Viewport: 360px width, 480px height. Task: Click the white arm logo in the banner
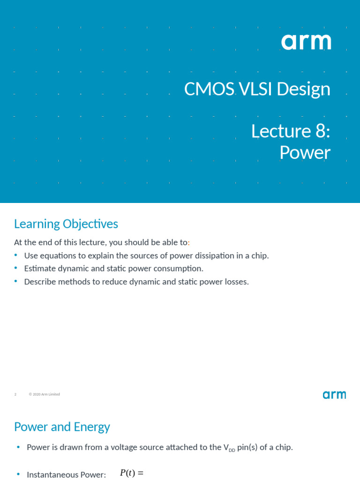point(306,42)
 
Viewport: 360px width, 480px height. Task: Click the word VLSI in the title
point(256,89)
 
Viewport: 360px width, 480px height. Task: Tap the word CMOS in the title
point(209,89)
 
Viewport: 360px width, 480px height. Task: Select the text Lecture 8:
point(291,131)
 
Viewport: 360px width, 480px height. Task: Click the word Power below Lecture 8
point(305,153)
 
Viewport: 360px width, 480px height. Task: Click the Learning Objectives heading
point(66,224)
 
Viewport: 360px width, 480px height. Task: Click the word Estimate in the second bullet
point(40,269)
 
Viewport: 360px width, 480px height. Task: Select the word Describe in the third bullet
point(40,282)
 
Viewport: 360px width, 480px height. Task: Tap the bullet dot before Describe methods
point(15,281)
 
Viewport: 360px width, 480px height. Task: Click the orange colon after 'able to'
point(188,243)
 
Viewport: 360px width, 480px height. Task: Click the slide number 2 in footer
point(15,394)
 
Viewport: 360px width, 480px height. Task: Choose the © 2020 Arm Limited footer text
point(44,394)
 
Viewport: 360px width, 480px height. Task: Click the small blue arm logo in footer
point(334,395)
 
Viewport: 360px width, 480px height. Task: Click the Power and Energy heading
point(62,427)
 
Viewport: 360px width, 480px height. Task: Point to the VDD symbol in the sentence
point(229,448)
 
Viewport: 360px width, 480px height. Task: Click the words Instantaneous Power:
point(66,474)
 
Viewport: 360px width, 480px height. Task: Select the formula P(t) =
point(132,473)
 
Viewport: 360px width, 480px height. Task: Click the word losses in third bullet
point(236,282)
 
